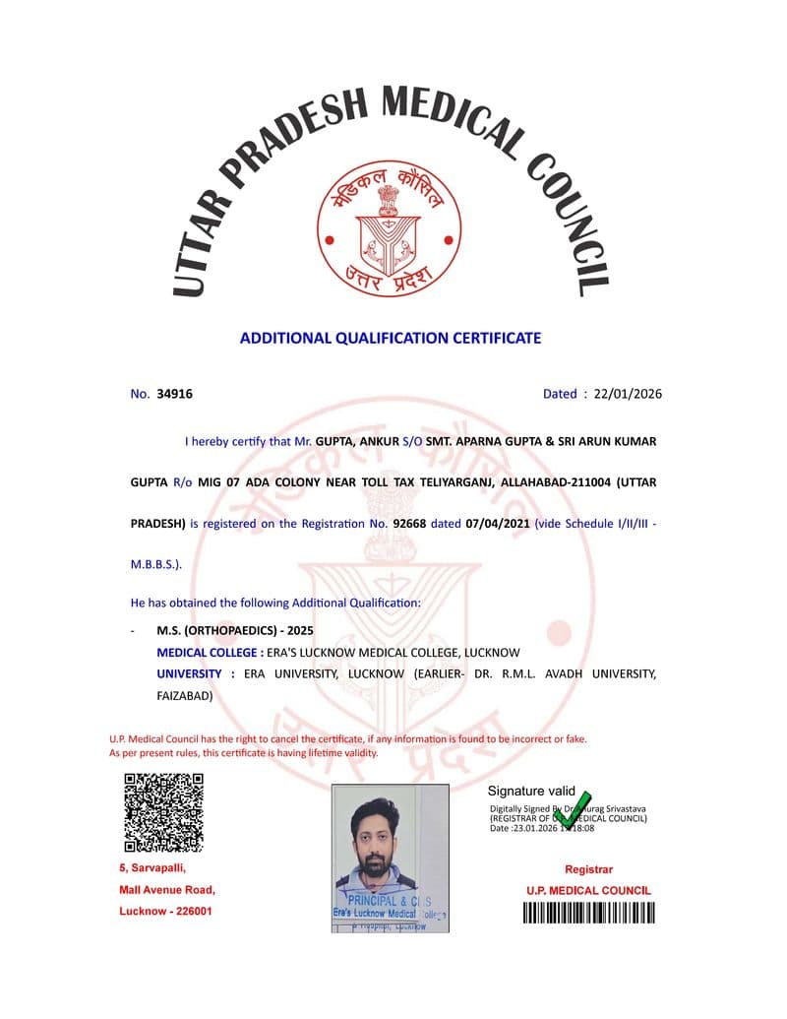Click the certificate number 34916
point(174,394)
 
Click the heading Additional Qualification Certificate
point(391,338)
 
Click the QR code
point(164,812)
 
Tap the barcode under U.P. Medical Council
point(587,913)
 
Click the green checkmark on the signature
point(571,809)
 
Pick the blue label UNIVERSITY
point(189,673)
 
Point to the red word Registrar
point(588,869)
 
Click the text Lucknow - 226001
point(165,911)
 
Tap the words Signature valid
point(531,791)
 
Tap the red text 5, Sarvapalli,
point(151,868)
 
